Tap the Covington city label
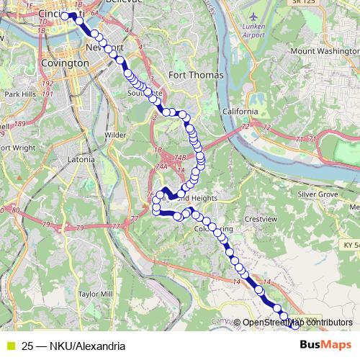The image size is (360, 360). [x=66, y=63]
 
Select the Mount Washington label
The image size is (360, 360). [x=323, y=51]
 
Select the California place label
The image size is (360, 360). [x=240, y=112]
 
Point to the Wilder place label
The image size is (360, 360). [x=114, y=135]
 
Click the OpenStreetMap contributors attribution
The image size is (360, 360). [x=297, y=322]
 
